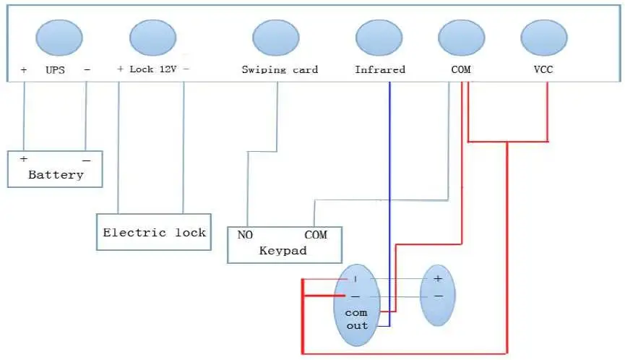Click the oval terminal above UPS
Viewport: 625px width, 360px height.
point(59,38)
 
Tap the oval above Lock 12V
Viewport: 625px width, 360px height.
point(152,38)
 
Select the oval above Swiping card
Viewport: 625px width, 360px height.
point(276,38)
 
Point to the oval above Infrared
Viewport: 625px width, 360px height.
point(379,38)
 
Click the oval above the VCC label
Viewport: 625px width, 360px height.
point(544,38)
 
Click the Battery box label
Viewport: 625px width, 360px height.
point(56,175)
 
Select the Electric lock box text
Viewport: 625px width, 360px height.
point(154,233)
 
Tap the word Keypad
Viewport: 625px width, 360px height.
point(283,251)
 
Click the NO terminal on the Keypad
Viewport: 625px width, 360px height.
point(245,235)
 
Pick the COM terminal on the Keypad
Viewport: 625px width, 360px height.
point(316,235)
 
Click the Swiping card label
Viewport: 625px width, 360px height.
point(280,70)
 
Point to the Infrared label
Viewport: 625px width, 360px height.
point(380,70)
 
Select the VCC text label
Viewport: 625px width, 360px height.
point(543,69)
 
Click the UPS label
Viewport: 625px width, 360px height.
point(55,70)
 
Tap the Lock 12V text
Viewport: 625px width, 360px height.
point(153,69)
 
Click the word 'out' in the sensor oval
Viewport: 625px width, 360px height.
point(357,326)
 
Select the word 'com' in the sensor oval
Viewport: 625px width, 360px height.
point(356,313)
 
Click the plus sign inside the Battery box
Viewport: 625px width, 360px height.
point(24,158)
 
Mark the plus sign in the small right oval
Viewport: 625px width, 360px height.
point(438,278)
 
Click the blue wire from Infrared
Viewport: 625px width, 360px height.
point(389,204)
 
